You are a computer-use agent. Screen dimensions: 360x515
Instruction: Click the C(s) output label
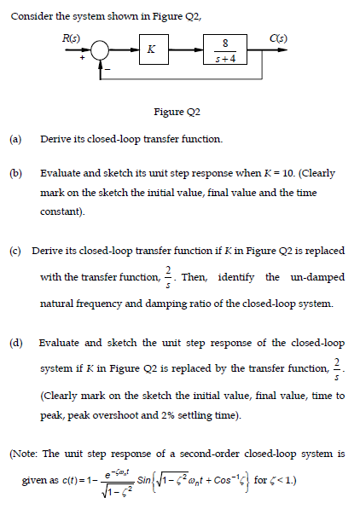pyautogui.click(x=277, y=36)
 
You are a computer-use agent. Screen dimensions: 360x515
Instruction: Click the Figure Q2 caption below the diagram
pyautogui.click(x=177, y=112)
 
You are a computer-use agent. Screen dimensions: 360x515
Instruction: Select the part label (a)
pyautogui.click(x=15, y=138)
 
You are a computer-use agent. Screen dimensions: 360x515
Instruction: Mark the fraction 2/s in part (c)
pyautogui.click(x=168, y=276)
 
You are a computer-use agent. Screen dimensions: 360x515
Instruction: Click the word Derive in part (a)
pyautogui.click(x=55, y=138)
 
